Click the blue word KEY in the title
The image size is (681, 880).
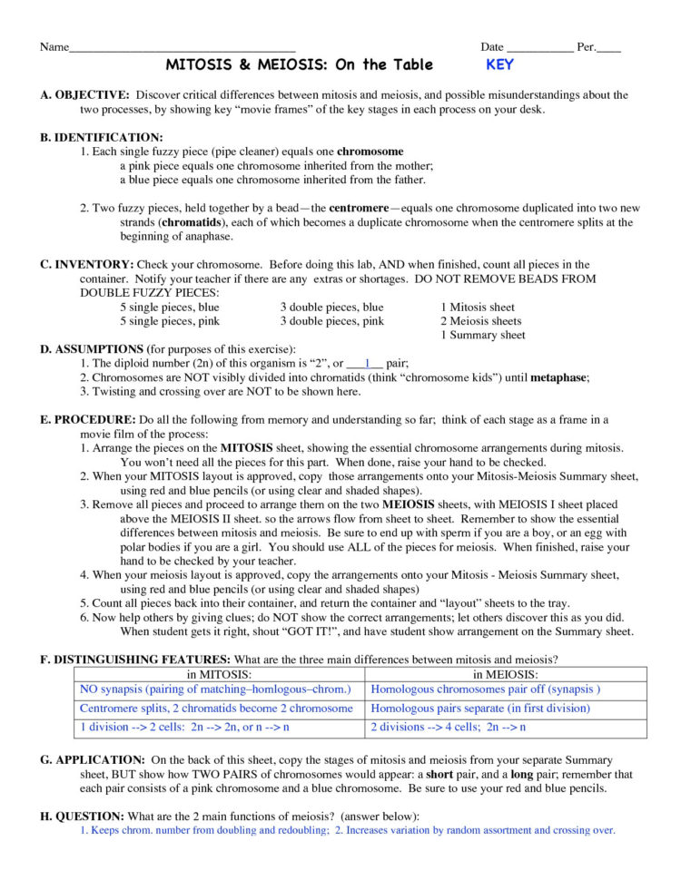(499, 65)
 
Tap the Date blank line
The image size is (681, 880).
(539, 49)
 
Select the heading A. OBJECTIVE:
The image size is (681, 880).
(84, 95)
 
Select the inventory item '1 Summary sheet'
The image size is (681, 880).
(482, 335)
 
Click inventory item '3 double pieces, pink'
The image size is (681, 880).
(331, 321)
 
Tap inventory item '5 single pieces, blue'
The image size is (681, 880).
(170, 308)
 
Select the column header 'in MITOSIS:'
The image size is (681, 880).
(218, 674)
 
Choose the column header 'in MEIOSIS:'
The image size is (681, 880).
(505, 674)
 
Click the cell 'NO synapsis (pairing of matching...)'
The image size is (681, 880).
(215, 689)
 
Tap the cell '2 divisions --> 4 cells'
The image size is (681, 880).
(449, 728)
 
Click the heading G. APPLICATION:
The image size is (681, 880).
(92, 759)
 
